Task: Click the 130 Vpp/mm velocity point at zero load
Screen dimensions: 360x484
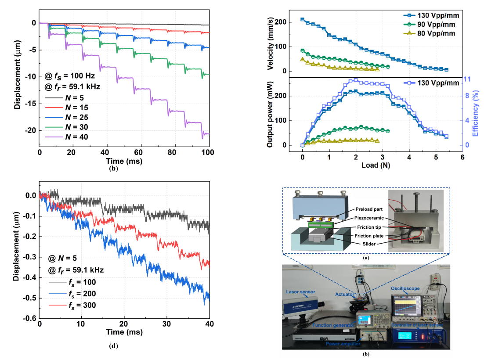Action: click(302, 19)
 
